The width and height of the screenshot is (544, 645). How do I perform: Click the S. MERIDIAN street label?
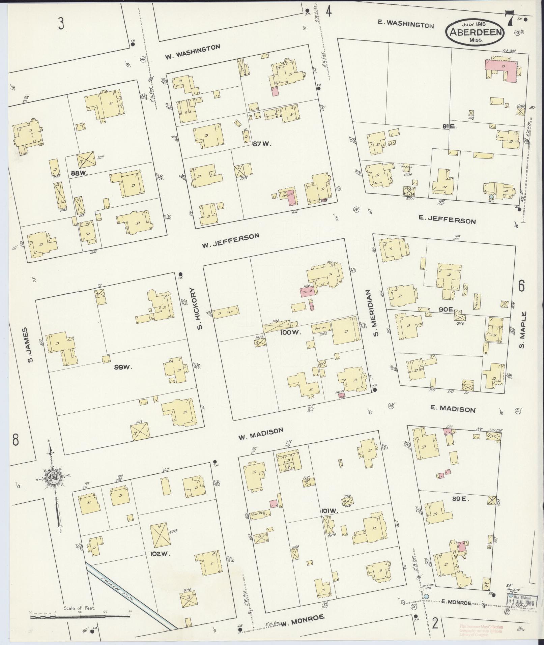377,313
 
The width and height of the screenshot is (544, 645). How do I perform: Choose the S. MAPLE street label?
522,330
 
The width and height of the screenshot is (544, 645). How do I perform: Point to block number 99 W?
122,367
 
